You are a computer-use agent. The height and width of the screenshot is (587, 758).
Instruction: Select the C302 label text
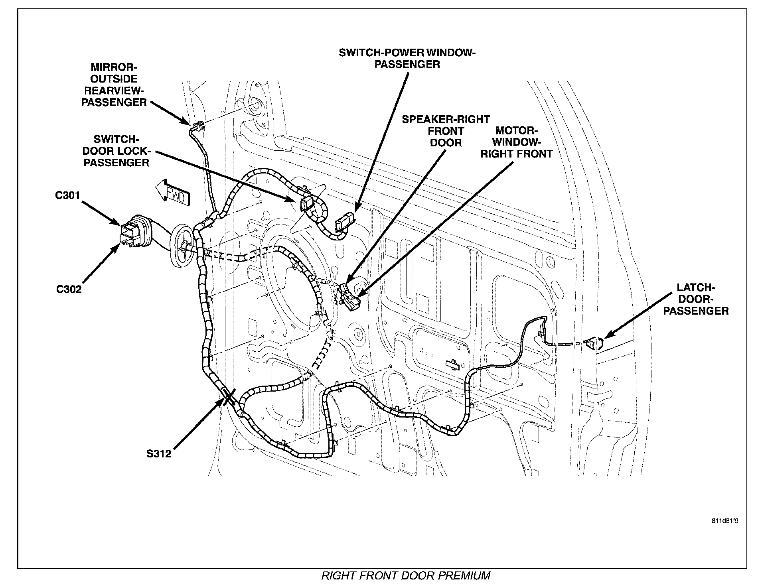[x=69, y=289]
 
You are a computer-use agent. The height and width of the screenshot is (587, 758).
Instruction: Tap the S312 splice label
[x=159, y=453]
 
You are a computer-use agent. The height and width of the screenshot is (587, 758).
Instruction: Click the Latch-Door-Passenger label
[x=696, y=299]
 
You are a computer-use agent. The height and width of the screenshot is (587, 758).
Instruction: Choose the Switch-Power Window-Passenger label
[x=407, y=58]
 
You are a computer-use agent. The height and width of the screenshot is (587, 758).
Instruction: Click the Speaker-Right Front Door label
[x=446, y=131]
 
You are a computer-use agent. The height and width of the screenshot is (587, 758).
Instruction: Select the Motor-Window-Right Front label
[x=516, y=142]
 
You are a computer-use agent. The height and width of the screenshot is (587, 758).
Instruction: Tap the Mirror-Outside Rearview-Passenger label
[x=114, y=85]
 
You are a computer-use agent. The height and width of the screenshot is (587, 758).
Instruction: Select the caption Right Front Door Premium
[x=406, y=575]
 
